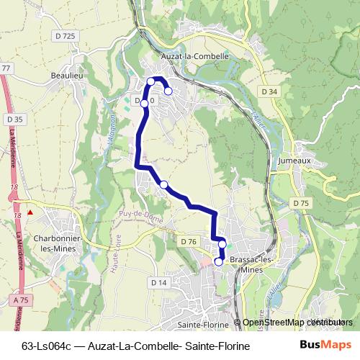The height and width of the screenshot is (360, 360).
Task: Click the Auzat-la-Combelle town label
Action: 196,55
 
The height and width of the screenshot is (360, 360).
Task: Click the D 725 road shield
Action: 65,36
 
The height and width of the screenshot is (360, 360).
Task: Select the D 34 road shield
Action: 269,91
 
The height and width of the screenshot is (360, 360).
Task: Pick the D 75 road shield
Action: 301,204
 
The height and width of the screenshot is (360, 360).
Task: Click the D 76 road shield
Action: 189,240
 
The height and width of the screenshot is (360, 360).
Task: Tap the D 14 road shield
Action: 159,283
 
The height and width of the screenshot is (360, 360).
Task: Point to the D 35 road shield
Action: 14,119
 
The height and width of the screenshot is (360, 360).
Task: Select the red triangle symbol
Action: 30,212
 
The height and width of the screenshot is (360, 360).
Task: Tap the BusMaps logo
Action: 325,346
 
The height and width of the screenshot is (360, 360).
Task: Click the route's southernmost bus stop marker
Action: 219,262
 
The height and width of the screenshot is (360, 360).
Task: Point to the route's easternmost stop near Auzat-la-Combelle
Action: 168,91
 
